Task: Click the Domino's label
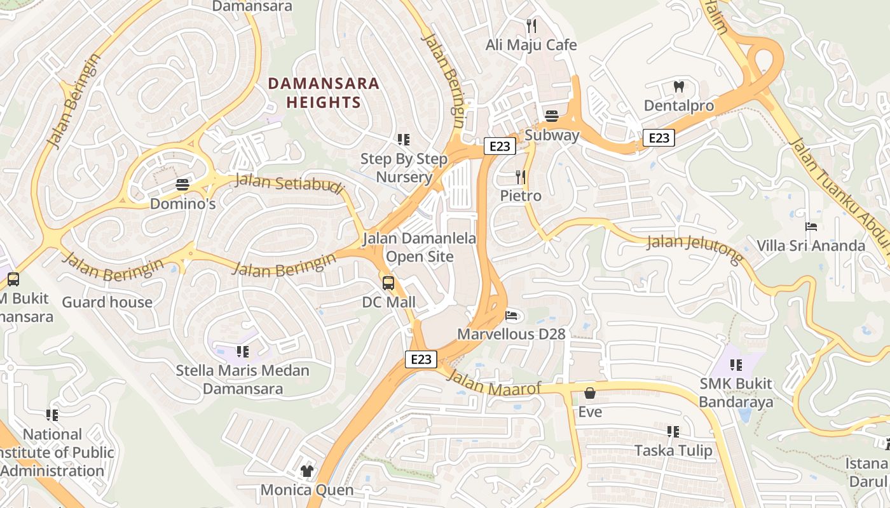click(x=183, y=204)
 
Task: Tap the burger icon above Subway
click(x=551, y=116)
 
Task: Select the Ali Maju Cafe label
click(x=531, y=45)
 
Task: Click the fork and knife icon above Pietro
click(x=521, y=177)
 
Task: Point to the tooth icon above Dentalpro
click(x=679, y=86)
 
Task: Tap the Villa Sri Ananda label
click(x=811, y=246)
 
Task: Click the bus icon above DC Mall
click(x=388, y=283)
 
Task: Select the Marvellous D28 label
click(x=511, y=333)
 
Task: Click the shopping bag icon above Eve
click(x=590, y=393)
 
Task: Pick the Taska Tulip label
click(x=673, y=451)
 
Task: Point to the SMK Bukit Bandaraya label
click(x=736, y=392)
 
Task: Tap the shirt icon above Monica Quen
click(x=307, y=471)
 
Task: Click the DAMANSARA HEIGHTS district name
click(x=324, y=92)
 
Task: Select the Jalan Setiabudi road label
click(x=289, y=185)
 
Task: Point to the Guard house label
click(x=107, y=302)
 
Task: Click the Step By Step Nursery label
click(x=404, y=168)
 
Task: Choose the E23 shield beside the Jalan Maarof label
click(x=421, y=359)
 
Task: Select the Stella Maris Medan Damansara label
click(x=243, y=379)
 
